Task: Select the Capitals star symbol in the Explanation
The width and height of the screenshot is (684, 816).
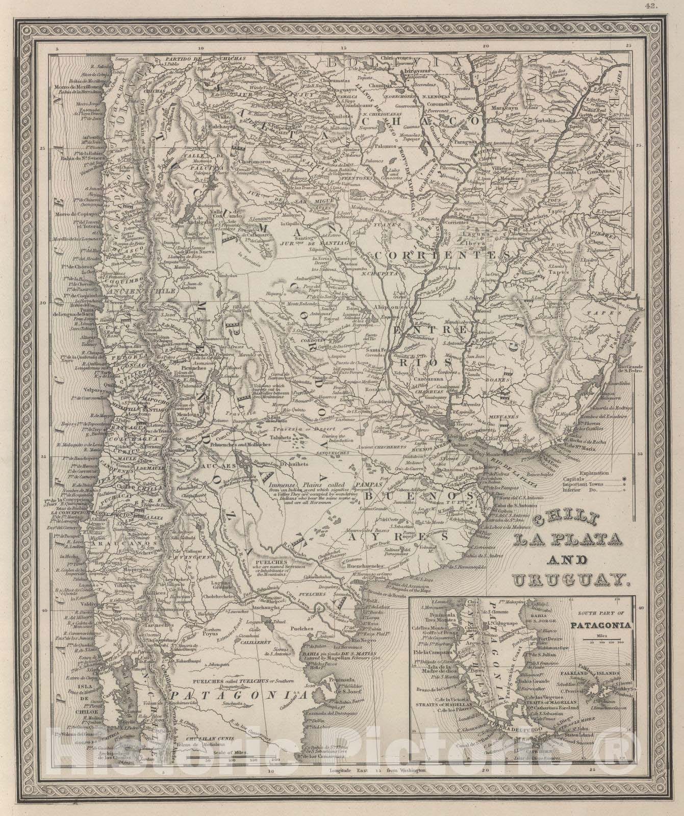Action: (x=623, y=478)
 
